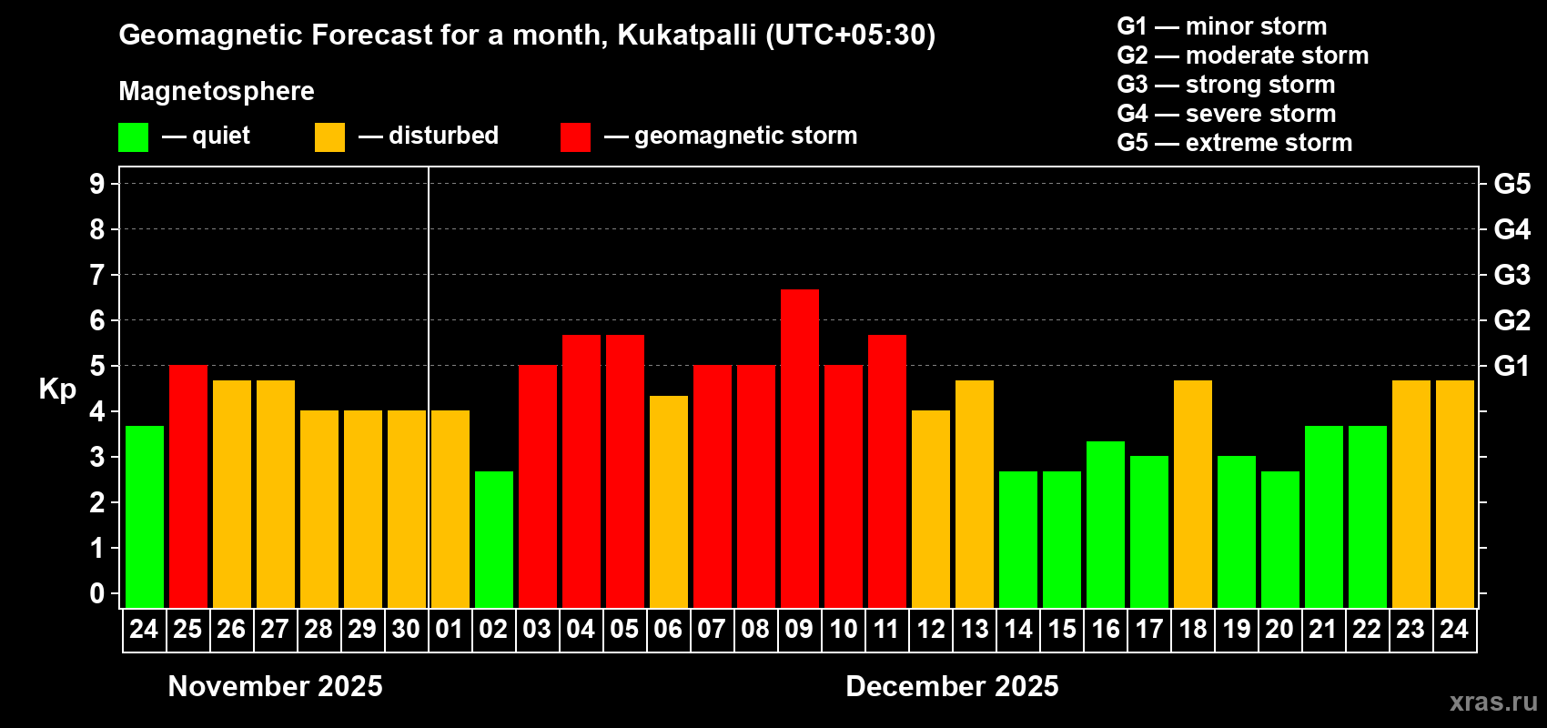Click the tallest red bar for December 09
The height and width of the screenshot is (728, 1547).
(800, 448)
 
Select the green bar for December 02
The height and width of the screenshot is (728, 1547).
(494, 539)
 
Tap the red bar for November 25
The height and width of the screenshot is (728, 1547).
(188, 486)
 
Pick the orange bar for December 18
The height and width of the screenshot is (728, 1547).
(1193, 493)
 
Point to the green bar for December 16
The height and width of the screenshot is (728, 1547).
(1106, 524)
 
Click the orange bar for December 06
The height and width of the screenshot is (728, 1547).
(669, 501)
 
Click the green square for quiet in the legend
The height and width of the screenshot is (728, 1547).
(134, 137)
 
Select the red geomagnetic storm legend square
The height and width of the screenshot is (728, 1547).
(575, 137)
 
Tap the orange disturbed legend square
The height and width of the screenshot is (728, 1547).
(329, 137)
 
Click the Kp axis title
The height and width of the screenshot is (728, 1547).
(57, 389)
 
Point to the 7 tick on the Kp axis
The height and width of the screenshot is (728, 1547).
(97, 275)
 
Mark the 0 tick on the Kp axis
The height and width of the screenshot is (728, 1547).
(97, 594)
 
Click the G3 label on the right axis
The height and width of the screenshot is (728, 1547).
(1512, 275)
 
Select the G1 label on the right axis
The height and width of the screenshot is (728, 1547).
(1512, 366)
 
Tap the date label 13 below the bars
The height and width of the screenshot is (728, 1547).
(975, 630)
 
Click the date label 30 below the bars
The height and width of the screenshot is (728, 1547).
(406, 630)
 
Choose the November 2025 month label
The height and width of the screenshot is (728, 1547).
(276, 686)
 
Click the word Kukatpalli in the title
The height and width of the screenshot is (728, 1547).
(687, 35)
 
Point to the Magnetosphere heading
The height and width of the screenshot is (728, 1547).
(217, 91)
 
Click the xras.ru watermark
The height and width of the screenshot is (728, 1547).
(1493, 702)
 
